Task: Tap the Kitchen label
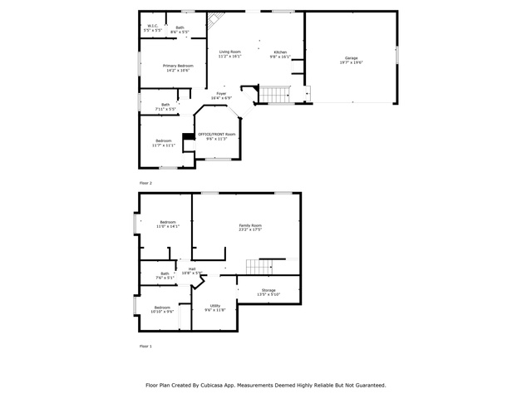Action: pyautogui.click(x=280, y=52)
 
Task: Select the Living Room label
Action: pyautogui.click(x=229, y=52)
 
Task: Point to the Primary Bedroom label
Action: pyautogui.click(x=177, y=66)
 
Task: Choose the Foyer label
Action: pyautogui.click(x=221, y=94)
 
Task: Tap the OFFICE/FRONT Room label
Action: pyautogui.click(x=216, y=134)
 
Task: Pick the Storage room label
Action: pyautogui.click(x=268, y=290)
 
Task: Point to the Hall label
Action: pyautogui.click(x=192, y=268)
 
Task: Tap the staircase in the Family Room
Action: pyautogui.click(x=259, y=267)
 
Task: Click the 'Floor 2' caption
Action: pyautogui.click(x=145, y=181)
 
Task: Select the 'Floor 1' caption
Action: pyautogui.click(x=145, y=345)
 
